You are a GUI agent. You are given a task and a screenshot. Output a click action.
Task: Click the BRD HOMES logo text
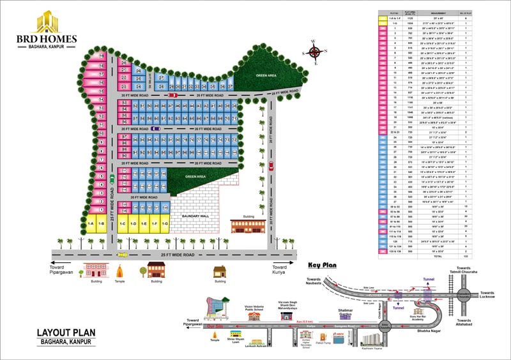click(47, 38)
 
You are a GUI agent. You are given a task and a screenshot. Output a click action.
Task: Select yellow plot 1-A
click(91, 224)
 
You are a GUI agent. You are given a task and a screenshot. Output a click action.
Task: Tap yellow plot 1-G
click(165, 224)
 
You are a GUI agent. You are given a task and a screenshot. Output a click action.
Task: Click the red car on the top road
click(172, 96)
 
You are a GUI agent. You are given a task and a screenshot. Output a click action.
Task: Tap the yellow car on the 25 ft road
click(121, 255)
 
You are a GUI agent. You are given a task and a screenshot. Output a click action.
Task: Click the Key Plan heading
click(323, 265)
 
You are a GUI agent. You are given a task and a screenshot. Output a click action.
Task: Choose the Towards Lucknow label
click(486, 296)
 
